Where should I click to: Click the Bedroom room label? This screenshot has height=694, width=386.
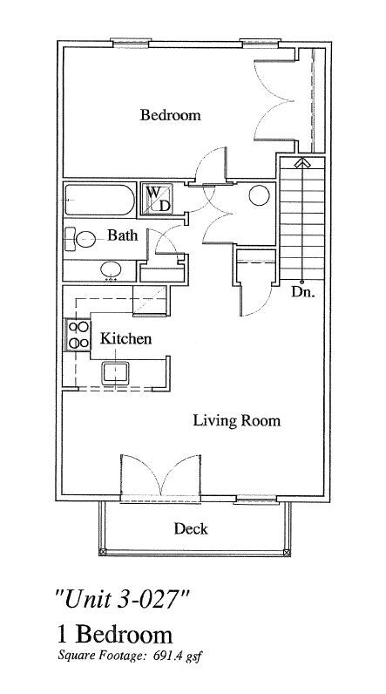[170, 115]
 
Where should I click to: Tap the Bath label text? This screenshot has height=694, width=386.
[123, 235]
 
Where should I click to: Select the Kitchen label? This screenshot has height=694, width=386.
[125, 339]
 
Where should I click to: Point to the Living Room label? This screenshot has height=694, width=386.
[236, 420]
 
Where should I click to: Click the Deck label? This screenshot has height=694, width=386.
[191, 528]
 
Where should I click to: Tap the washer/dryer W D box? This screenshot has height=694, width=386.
[157, 199]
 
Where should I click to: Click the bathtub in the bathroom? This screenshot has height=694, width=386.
[99, 200]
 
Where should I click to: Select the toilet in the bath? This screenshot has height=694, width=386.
[80, 239]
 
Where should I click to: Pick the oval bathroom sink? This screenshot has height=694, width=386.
[111, 269]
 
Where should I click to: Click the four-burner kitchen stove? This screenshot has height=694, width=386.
[78, 335]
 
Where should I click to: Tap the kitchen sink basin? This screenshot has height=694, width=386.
[115, 373]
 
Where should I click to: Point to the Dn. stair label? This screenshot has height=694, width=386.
[303, 293]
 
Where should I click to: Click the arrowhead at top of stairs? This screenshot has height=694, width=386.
[302, 162]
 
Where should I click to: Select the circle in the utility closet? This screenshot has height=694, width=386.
[259, 195]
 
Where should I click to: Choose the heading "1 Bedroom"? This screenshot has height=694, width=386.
[114, 634]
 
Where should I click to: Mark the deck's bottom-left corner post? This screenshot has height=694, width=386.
[103, 553]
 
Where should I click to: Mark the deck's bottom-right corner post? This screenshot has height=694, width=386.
[287, 553]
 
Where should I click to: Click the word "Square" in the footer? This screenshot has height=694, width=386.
[72, 656]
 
